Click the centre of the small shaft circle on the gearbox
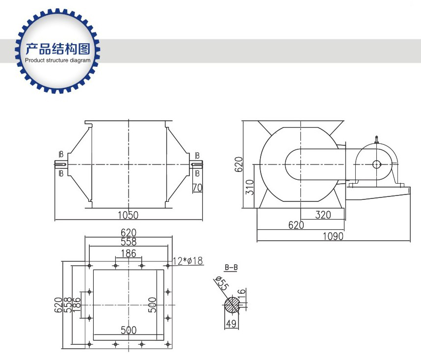[x=376, y=164]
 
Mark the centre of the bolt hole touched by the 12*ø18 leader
[x=168, y=266]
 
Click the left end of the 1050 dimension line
[x=55, y=220]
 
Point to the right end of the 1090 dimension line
[x=410, y=241]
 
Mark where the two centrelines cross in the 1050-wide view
[x=129, y=165]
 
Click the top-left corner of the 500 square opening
[x=93, y=270]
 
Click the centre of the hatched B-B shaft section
[x=232, y=305]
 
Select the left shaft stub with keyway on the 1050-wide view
[x=61, y=164]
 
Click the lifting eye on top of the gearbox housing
[x=376, y=139]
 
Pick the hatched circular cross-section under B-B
[x=232, y=305]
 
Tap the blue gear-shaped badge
[x=58, y=51]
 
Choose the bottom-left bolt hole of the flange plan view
[x=89, y=344]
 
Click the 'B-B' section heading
[x=231, y=268]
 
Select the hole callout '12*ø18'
[x=187, y=261]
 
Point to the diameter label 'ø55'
[x=222, y=283]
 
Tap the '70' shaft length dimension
[x=197, y=188]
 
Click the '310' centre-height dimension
[x=250, y=187]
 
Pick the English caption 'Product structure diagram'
[x=58, y=60]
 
